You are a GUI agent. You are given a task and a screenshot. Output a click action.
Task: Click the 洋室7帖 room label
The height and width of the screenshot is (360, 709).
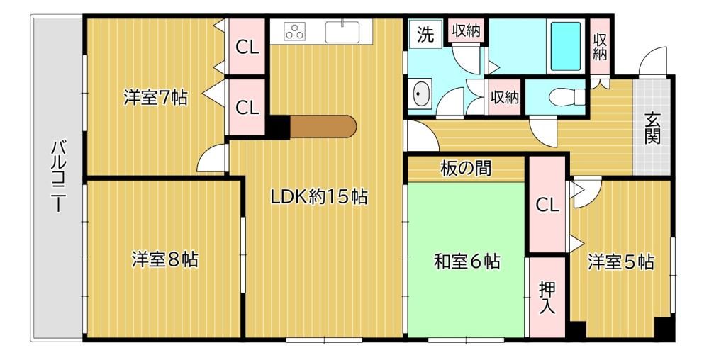click(x=155, y=98)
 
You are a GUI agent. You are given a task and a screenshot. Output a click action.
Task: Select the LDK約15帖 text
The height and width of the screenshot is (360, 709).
click(x=319, y=197)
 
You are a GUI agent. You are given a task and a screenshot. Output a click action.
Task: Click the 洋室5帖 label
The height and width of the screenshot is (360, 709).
click(x=620, y=261)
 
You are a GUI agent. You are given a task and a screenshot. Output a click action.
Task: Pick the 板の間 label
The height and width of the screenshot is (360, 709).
click(x=466, y=169)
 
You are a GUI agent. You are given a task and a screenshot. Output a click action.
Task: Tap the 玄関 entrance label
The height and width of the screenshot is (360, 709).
click(x=652, y=128)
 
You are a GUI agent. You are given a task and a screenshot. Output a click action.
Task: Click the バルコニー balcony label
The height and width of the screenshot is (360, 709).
click(x=57, y=176)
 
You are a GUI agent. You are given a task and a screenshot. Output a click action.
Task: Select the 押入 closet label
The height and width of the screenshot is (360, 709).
click(x=547, y=298)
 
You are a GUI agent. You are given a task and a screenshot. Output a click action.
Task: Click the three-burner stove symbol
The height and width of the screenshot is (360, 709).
click(x=295, y=32)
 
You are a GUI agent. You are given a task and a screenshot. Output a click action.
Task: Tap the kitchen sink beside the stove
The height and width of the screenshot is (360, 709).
click(x=342, y=32)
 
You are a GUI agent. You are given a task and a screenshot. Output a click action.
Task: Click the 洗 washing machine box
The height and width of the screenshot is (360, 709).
click(x=425, y=34)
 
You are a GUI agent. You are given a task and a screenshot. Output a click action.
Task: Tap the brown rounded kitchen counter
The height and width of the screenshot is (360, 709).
click(x=323, y=126)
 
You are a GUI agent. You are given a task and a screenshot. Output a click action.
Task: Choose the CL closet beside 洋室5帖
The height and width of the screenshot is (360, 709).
click(x=547, y=205)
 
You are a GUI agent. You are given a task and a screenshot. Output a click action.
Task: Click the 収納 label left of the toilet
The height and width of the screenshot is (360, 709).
click(x=504, y=96)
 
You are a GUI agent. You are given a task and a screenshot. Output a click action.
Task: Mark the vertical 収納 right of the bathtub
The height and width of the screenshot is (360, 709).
click(x=600, y=46)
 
